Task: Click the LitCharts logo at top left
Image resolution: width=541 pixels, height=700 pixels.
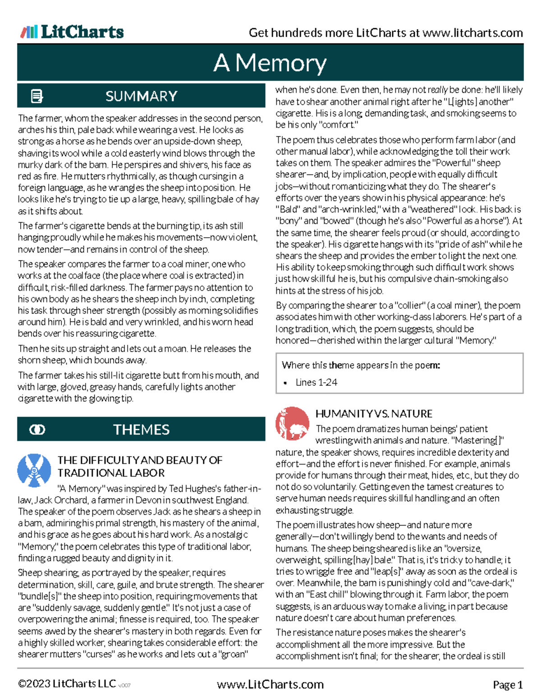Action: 72,32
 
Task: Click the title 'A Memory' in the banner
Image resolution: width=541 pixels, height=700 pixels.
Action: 270,63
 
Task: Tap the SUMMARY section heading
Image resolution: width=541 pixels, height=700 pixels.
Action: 141,96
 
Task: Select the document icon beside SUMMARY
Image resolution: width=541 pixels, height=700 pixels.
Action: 37,96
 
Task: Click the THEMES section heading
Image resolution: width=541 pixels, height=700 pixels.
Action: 141,430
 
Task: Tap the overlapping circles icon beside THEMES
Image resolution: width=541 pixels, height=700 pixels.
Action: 37,430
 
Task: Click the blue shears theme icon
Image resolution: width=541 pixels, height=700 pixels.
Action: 34,471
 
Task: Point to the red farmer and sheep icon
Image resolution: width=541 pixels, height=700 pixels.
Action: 292,424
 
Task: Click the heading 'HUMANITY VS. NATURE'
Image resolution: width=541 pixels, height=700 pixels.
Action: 374,414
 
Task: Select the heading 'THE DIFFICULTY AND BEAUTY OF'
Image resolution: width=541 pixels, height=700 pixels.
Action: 140,460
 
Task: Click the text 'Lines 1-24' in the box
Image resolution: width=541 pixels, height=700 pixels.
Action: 316,382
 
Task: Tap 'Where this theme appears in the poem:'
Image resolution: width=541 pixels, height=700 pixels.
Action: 361,365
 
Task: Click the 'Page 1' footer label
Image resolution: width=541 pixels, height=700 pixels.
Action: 508,685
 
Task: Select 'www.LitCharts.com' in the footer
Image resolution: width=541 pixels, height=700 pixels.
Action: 270,685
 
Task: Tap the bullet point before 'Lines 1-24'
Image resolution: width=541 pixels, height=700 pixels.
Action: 285,383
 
